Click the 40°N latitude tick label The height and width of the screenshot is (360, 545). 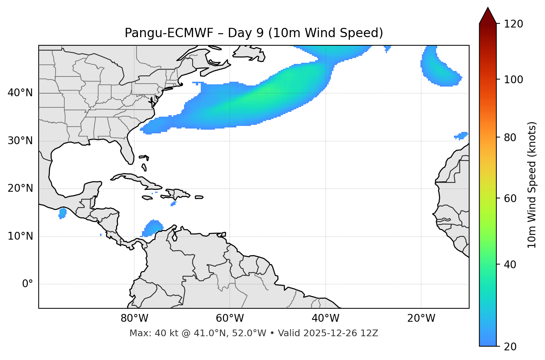click(x=20, y=93)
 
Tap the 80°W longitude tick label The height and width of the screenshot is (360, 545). click(x=134, y=319)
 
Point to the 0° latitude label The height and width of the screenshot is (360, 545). click(x=28, y=284)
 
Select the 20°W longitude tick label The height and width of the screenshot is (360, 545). click(x=421, y=319)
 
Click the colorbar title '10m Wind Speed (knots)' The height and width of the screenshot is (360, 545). click(x=532, y=185)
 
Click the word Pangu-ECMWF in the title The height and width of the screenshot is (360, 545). click(x=169, y=33)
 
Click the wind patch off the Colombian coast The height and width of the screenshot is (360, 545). click(x=153, y=228)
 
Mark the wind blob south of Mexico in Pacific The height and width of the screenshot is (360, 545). click(x=62, y=213)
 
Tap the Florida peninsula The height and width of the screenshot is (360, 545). click(x=128, y=150)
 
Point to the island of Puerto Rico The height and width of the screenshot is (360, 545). click(x=199, y=197)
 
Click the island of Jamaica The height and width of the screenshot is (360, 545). click(x=147, y=198)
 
